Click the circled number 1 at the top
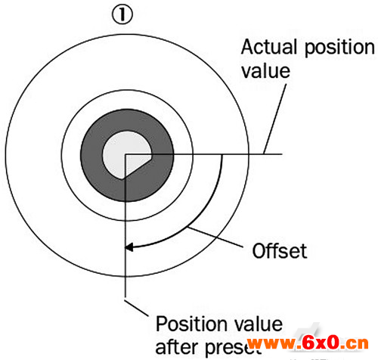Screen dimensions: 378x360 pos(122,15)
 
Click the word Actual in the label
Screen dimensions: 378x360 pos(269,47)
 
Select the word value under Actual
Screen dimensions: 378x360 pos(265,71)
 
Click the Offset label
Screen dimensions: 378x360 pos(280,251)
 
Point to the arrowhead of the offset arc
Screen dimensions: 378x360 pos(129,247)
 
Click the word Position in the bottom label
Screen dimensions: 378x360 pos(191,324)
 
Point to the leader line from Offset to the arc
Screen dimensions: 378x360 pos(215,237)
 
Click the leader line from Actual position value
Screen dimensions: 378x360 pos(275,119)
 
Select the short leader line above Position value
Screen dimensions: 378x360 pos(136,308)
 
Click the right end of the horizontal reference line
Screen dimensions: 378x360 pos(282,154)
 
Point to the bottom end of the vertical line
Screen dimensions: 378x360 pos(125,297)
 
